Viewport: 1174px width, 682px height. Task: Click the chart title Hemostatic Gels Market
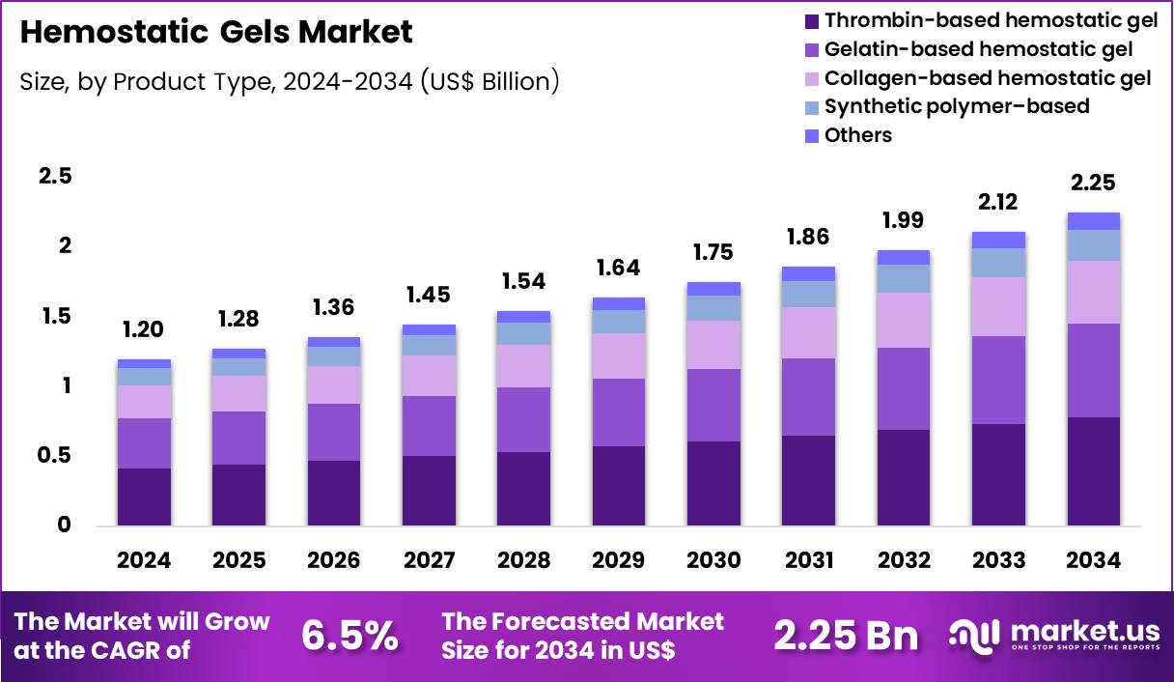216,33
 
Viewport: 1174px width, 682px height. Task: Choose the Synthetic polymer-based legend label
956,106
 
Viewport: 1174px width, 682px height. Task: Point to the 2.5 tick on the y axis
55,177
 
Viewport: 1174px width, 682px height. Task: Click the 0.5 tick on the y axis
55,456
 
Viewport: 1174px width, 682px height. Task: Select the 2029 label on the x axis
619,561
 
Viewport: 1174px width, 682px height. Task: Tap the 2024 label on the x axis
144,561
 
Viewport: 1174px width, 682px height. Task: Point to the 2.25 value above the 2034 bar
1093,184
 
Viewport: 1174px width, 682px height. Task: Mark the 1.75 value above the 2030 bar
713,253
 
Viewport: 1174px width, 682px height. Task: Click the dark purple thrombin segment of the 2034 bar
1093,471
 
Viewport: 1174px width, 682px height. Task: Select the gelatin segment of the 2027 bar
429,426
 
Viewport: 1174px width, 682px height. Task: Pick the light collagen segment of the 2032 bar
904,320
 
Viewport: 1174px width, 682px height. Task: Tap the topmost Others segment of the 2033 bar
998,240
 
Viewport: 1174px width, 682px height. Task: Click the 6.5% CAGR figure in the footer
349,636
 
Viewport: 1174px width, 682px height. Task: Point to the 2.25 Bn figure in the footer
846,636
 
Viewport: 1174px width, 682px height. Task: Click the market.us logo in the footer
1054,636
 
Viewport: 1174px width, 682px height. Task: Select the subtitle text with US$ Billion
290,82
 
